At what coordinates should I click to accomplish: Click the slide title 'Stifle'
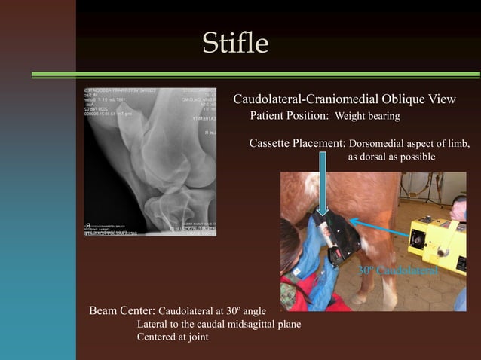[x=235, y=43]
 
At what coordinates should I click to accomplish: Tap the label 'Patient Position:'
[x=290, y=117]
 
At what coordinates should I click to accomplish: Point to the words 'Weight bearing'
[x=367, y=117]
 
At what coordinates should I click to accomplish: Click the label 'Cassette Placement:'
[x=297, y=144]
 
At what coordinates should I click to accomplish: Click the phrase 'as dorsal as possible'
[x=391, y=157]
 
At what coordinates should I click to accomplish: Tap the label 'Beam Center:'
[x=122, y=310]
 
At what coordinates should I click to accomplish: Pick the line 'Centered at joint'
[x=173, y=337]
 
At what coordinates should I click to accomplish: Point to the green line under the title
[x=256, y=74]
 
